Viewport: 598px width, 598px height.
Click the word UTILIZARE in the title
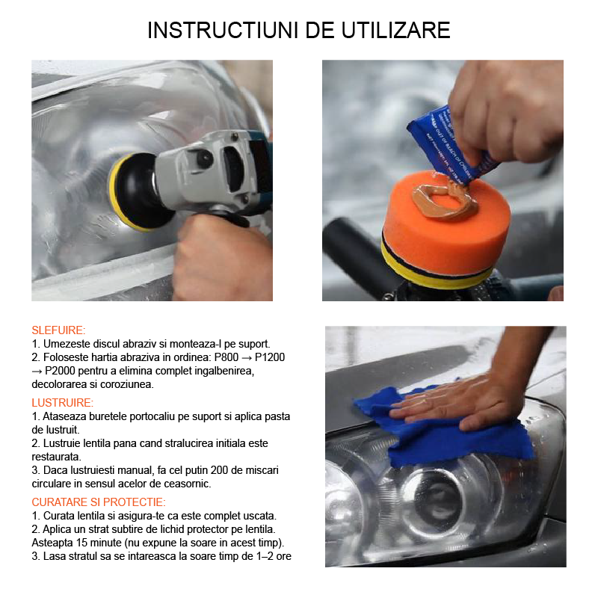tap(396, 31)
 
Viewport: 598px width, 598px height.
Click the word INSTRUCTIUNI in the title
tap(223, 31)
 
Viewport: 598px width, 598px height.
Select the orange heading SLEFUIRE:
tap(59, 330)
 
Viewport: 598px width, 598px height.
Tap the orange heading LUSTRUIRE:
tap(63, 403)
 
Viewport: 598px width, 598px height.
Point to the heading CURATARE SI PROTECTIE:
tap(99, 502)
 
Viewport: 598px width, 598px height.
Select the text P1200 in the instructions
tap(270, 357)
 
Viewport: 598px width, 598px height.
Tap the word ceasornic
tap(188, 484)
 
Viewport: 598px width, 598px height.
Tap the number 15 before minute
tap(82, 543)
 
